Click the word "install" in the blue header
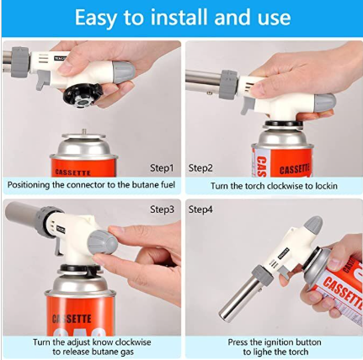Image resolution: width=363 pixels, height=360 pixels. tap(180, 17)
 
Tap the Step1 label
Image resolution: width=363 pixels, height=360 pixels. tap(162, 168)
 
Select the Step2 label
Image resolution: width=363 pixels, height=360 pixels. tap(200, 168)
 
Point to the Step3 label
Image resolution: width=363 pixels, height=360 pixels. tap(162, 209)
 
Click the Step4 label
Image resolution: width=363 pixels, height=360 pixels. tap(200, 209)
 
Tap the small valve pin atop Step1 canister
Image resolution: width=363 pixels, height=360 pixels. tap(84, 131)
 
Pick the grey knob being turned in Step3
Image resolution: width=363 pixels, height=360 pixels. tap(103, 241)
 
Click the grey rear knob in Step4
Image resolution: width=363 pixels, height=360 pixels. tap(313, 225)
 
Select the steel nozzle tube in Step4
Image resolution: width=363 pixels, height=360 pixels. tap(239, 299)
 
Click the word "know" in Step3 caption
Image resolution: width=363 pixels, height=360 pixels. tap(103, 342)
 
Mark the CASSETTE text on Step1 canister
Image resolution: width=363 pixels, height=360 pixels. tap(73, 172)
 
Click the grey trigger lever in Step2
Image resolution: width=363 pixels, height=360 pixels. tap(247, 107)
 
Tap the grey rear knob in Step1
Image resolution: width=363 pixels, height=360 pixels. tap(124, 71)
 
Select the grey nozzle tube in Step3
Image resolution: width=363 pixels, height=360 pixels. tap(22, 215)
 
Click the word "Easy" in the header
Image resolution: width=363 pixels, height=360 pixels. tap(95, 18)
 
